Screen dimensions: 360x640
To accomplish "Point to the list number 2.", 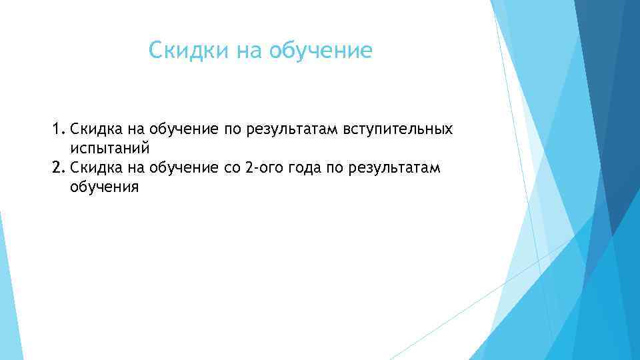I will [x=57, y=167].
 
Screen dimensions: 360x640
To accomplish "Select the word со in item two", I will [x=231, y=167].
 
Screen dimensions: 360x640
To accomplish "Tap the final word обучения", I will [x=104, y=187].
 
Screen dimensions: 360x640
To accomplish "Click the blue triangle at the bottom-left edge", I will [x=8, y=300].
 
